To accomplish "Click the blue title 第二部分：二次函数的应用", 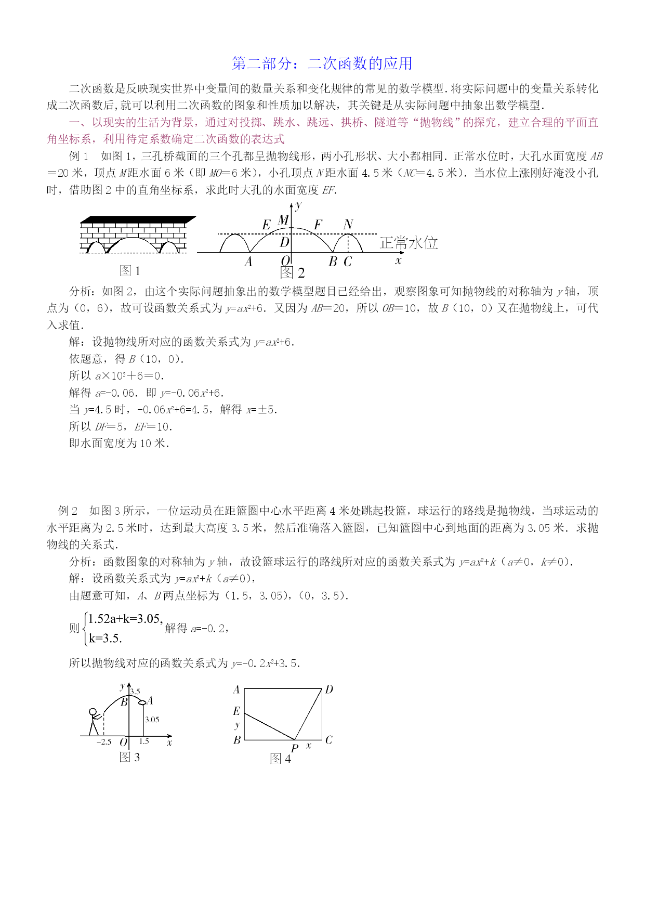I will point(322,63).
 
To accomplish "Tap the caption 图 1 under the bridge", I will point(129,270).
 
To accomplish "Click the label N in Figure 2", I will point(348,225).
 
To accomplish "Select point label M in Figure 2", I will point(283,220).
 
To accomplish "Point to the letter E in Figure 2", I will point(266,225).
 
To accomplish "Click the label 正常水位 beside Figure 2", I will point(409,243).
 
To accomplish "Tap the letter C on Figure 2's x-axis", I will point(348,262).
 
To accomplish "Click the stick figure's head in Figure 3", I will point(93,712).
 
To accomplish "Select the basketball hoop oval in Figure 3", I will point(142,702).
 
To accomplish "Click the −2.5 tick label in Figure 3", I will point(104,742).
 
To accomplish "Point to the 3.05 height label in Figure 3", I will point(152,720).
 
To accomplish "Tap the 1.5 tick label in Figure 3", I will point(144,741).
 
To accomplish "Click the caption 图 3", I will point(129,757).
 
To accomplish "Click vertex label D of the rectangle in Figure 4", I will point(329,690).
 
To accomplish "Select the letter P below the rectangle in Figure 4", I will point(295,748).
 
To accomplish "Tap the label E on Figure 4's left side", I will point(236,711).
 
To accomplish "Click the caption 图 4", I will point(281,759).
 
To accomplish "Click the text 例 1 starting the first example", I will point(78,157).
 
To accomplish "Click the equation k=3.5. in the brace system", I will point(105,638).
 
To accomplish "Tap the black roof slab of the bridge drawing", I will point(138,219).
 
